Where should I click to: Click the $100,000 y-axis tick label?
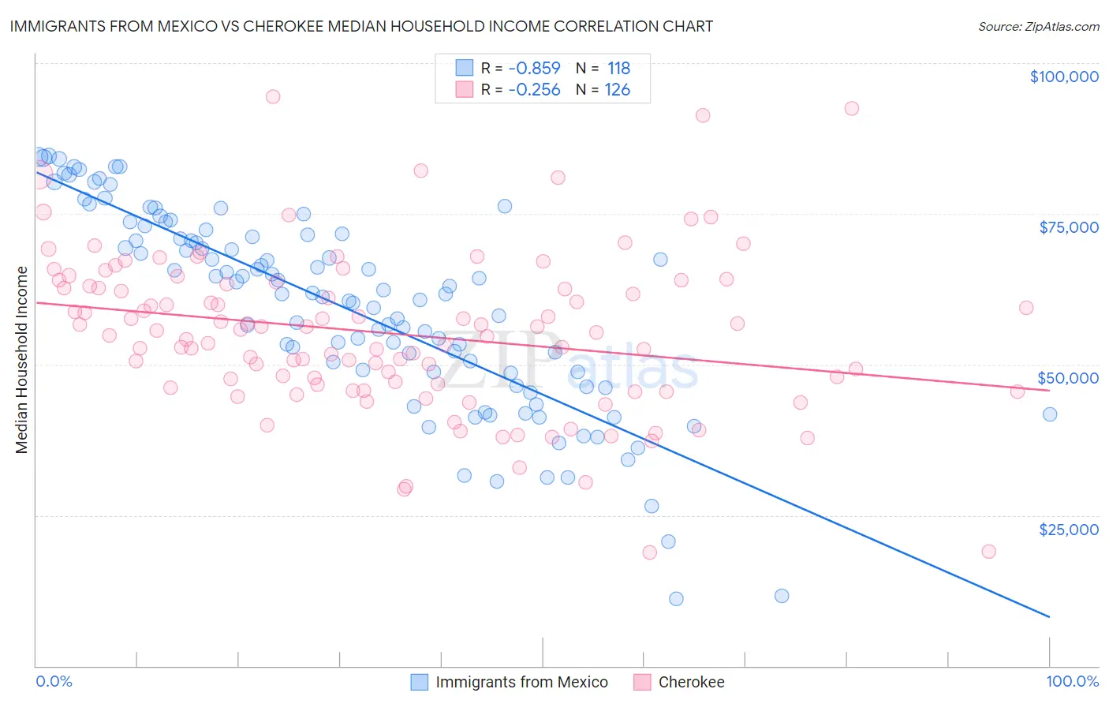1064,77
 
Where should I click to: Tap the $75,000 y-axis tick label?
1069,227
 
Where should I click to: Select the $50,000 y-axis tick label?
1069,378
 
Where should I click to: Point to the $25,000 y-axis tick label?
1069,530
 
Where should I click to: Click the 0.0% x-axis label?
54,682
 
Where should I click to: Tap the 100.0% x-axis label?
1072,682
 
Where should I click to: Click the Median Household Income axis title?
22,360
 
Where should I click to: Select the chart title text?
361,26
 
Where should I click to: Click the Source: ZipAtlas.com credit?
1038,27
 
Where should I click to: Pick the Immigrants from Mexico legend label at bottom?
521,683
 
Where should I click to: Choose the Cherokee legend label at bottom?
691,683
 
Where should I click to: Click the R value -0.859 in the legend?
534,69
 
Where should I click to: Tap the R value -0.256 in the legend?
534,90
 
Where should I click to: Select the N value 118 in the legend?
618,69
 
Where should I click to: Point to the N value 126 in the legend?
618,90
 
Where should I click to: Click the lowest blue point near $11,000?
676,599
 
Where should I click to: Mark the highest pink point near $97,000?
273,97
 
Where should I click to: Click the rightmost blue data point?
1050,414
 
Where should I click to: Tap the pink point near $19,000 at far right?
988,552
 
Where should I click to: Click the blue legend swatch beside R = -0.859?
465,69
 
